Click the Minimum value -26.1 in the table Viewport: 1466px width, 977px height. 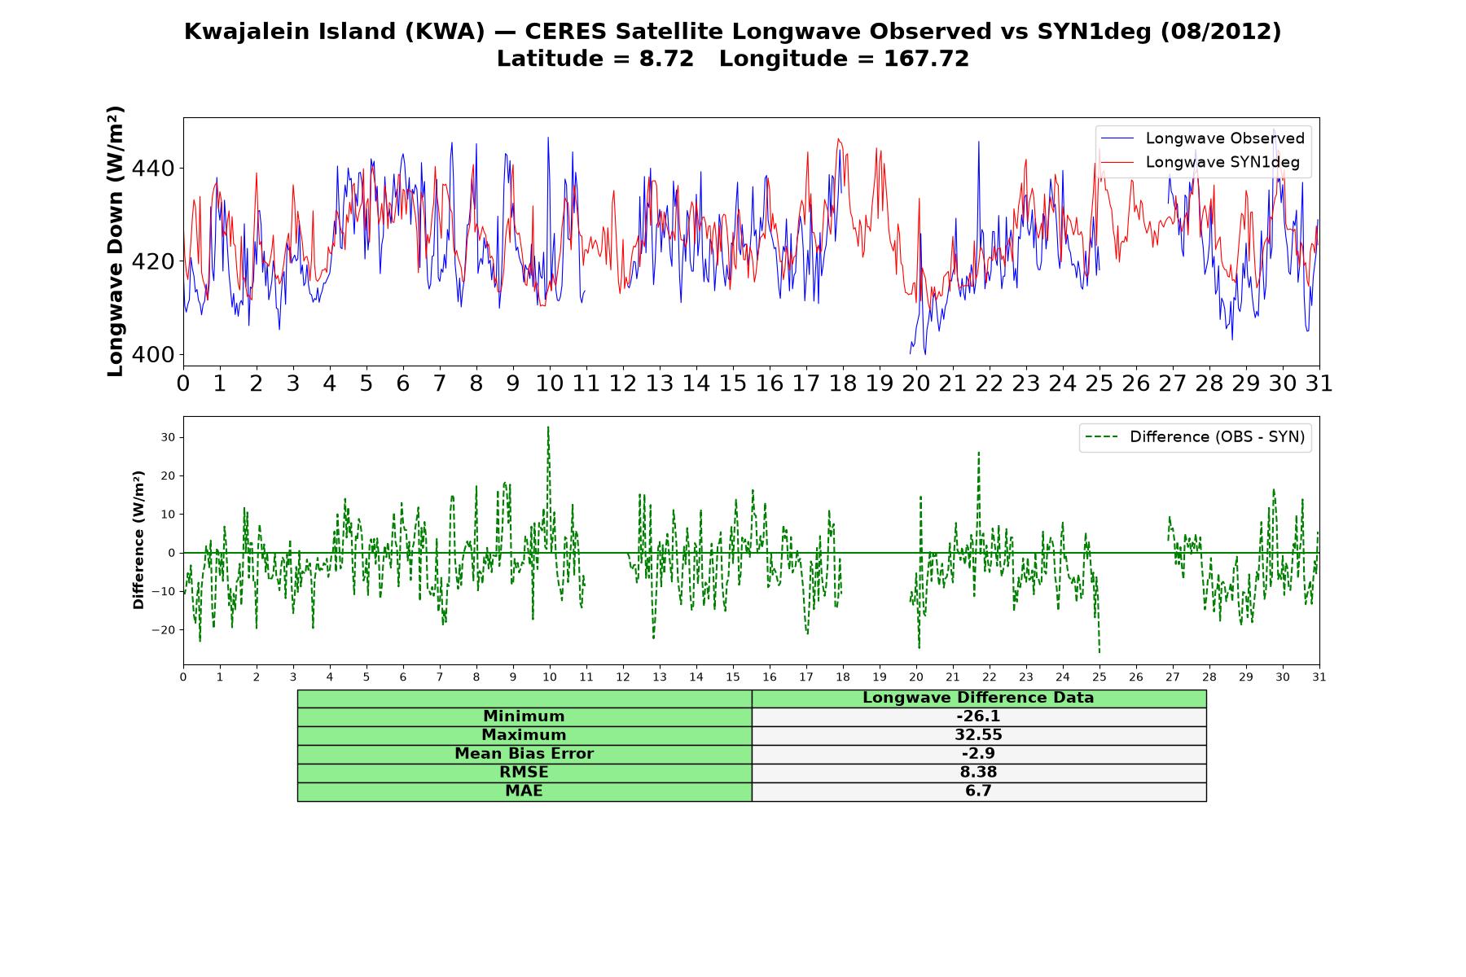pyautogui.click(x=978, y=716)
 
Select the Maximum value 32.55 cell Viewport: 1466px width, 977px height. pyautogui.click(x=978, y=735)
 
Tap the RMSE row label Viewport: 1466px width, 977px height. pyautogui.click(x=524, y=773)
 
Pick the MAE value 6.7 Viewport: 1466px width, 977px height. pyautogui.click(x=978, y=791)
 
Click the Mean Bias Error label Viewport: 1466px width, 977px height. pyautogui.click(x=524, y=754)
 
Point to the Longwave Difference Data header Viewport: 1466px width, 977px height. pyautogui.click(x=978, y=698)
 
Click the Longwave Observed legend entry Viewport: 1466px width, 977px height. pyautogui.click(x=1204, y=138)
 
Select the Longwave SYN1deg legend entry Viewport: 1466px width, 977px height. pyautogui.click(x=1200, y=162)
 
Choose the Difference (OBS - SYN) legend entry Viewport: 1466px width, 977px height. pyautogui.click(x=1196, y=437)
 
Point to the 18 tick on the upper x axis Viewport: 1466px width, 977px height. pyautogui.click(x=843, y=383)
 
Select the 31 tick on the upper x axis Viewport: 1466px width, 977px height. pyautogui.click(x=1319, y=383)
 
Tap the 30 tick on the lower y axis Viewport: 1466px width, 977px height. pyautogui.click(x=168, y=437)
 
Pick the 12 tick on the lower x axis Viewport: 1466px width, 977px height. pyautogui.click(x=623, y=677)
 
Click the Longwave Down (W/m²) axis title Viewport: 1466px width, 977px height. pyautogui.click(x=116, y=241)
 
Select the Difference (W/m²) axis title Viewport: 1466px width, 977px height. pyautogui.click(x=138, y=541)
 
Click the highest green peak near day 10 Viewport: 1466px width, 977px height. pyautogui.click(x=548, y=427)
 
